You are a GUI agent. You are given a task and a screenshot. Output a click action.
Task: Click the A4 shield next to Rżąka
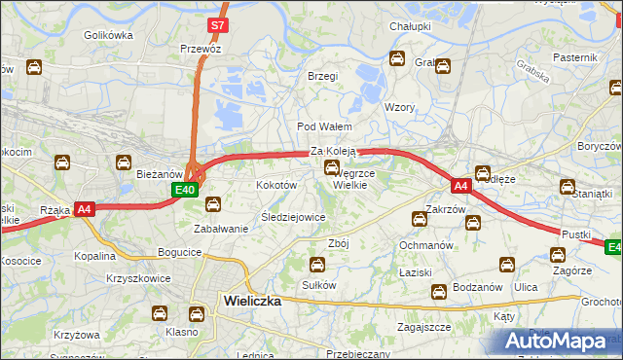tap(85, 208)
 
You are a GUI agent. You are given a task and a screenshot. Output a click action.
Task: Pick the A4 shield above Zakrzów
tap(461, 185)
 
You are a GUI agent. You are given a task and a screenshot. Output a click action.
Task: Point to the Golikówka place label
tap(107, 35)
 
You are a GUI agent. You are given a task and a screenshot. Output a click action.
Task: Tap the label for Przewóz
tap(201, 48)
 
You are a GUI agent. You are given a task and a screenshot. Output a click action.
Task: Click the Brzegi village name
tap(322, 76)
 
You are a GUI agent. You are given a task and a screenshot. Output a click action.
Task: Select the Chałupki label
tap(410, 26)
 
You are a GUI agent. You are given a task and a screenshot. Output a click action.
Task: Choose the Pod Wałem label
tap(324, 127)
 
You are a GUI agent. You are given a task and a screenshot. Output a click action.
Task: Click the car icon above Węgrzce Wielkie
tap(332, 168)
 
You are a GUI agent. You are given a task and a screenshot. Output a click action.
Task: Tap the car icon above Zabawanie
tap(213, 204)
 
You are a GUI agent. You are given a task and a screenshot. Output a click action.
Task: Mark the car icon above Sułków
tap(317, 264)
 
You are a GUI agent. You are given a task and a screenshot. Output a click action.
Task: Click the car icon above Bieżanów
tap(125, 162)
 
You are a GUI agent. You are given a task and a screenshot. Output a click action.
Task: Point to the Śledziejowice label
tap(293, 217)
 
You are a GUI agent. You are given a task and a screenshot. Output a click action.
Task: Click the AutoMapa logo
tap(560, 342)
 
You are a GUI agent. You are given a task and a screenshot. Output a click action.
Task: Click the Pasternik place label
tap(574, 57)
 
